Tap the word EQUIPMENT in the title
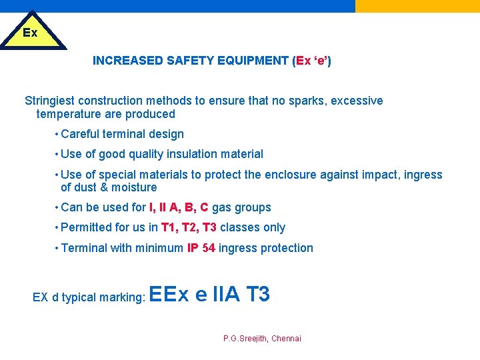click(x=256, y=61)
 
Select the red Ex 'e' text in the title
click(x=311, y=61)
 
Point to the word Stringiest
click(x=50, y=101)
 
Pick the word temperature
click(x=69, y=114)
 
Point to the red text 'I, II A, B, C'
click(x=179, y=207)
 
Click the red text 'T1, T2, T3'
click(x=189, y=227)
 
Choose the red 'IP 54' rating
click(x=201, y=248)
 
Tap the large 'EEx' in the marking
click(x=170, y=294)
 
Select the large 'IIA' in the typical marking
click(x=226, y=294)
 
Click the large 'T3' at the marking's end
click(x=257, y=294)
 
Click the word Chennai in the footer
click(x=286, y=339)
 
